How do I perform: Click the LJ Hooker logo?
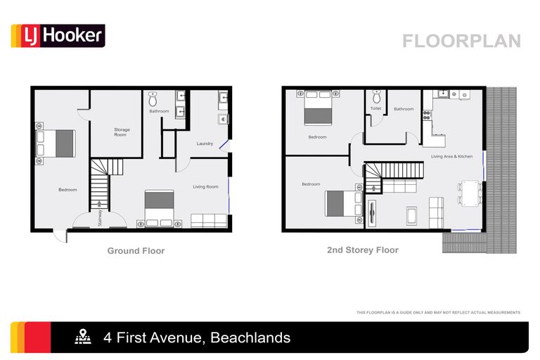pyautogui.click(x=58, y=36)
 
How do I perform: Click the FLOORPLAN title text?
pyautogui.click(x=461, y=41)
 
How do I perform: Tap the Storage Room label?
pyautogui.click(x=122, y=132)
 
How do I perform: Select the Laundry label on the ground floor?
pyautogui.click(x=205, y=143)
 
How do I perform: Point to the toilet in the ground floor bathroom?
pyautogui.click(x=153, y=98)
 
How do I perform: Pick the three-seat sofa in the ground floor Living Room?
pyautogui.click(x=208, y=221)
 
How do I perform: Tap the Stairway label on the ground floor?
pyautogui.click(x=101, y=218)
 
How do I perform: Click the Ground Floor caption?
pyautogui.click(x=136, y=250)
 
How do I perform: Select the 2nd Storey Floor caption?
pyautogui.click(x=363, y=250)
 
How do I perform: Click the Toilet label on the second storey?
pyautogui.click(x=376, y=108)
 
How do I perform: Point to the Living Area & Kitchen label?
pyautogui.click(x=452, y=156)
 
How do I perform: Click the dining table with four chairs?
pyautogui.click(x=469, y=192)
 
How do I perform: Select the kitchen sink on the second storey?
pyautogui.click(x=442, y=94)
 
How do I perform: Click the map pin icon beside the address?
pyautogui.click(x=83, y=337)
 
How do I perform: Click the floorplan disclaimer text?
pyautogui.click(x=438, y=312)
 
